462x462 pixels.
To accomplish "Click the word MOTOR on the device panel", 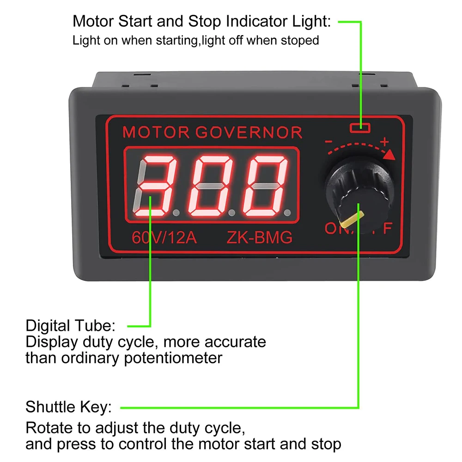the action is (x=156, y=133).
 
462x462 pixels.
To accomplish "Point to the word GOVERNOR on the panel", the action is (x=249, y=133).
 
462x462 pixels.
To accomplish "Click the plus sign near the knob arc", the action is (x=384, y=141).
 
